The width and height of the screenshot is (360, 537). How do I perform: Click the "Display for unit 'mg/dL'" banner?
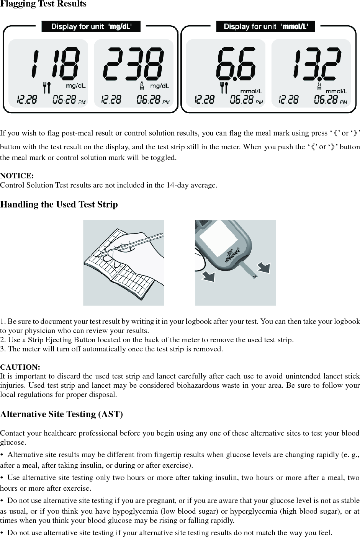[x=91, y=26]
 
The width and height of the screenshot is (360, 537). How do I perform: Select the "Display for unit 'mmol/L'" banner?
[x=265, y=26]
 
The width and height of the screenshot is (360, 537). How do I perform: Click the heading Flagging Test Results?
[x=43, y=4]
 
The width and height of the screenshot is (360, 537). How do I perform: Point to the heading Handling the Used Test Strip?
[x=59, y=204]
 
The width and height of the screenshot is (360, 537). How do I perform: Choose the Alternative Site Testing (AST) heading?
[x=62, y=414]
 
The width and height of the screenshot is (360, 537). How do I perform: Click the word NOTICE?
[x=17, y=176]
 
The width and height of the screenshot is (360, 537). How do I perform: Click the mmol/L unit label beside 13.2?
[x=336, y=91]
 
